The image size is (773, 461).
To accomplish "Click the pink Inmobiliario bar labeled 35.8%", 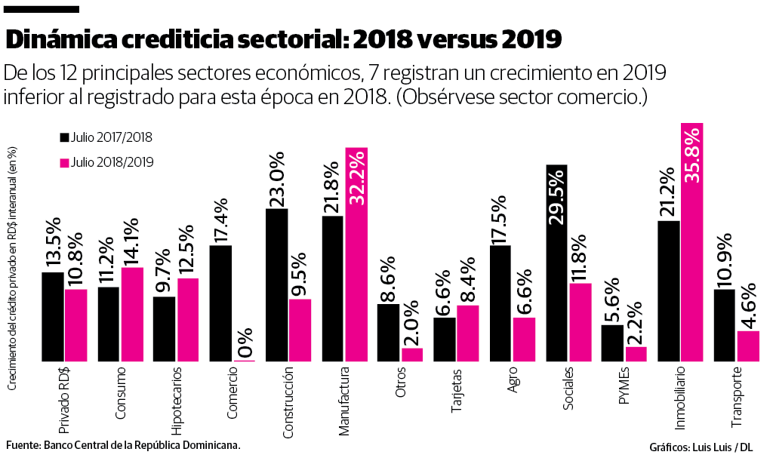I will [692, 241].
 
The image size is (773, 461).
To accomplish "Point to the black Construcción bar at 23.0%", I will [277, 284].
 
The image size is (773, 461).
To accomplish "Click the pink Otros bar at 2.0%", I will [412, 355].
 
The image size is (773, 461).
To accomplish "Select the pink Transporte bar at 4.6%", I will [748, 346].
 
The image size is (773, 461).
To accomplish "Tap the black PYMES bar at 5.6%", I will [612, 343].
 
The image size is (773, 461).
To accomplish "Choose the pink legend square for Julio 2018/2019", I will [65, 162].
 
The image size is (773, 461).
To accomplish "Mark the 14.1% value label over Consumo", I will [132, 241].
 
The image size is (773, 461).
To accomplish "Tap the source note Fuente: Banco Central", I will [123, 445].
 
